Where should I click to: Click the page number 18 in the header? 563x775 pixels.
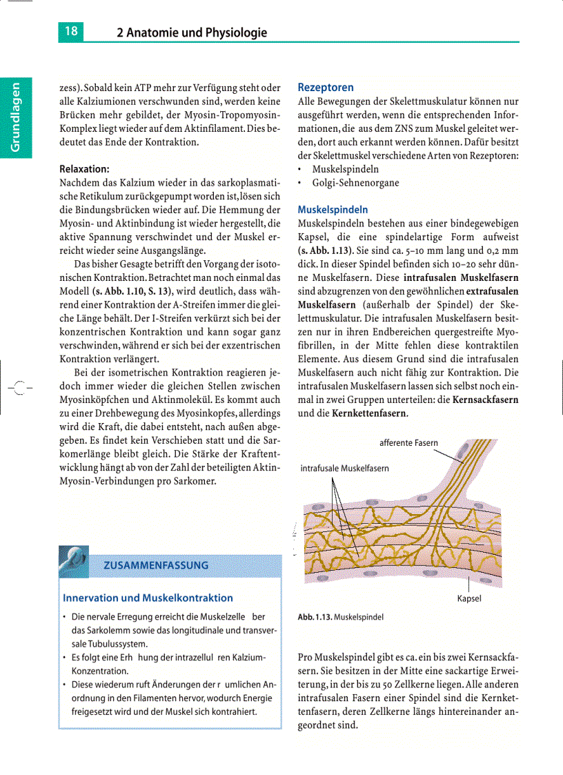[71, 31]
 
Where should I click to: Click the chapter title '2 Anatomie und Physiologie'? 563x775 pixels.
[191, 32]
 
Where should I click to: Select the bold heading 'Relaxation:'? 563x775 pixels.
[85, 168]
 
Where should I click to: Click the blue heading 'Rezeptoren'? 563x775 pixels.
[326, 88]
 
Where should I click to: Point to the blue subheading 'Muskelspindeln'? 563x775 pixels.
[333, 209]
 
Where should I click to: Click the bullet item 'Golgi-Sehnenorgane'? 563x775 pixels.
[355, 183]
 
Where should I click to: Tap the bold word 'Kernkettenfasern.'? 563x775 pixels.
[370, 413]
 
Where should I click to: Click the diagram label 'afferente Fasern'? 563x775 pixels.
[408, 442]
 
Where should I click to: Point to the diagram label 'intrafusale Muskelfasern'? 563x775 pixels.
[344, 468]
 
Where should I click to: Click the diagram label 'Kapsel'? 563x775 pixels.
[469, 598]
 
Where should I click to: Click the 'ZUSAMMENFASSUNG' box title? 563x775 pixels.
[156, 565]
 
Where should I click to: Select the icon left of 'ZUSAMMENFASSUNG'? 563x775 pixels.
[74, 557]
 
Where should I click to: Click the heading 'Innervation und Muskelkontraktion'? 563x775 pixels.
[148, 598]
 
